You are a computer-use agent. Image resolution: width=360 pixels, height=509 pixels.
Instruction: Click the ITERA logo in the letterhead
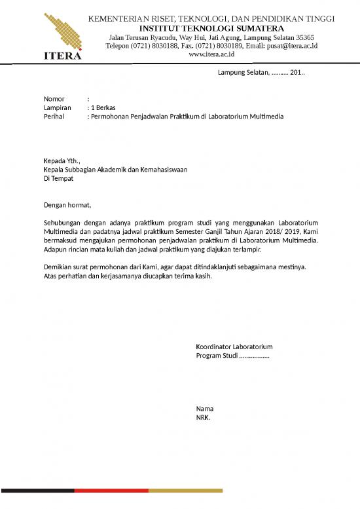pos(63,36)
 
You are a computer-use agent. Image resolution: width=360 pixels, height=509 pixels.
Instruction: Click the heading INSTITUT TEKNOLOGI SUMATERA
pos(211,28)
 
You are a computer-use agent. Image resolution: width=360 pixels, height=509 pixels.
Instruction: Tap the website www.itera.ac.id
pos(211,55)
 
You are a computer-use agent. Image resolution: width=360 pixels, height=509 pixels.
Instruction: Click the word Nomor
pos(54,98)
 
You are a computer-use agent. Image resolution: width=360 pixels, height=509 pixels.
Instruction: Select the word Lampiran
pos(57,107)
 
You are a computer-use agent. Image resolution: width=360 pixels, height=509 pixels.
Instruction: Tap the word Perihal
pos(55,116)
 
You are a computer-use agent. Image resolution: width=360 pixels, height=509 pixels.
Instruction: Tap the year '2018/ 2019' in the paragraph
pos(285,231)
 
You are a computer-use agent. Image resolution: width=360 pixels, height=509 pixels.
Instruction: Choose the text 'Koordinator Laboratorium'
pos(234,347)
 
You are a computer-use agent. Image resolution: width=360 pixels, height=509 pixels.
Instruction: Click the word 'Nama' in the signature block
pos(204,409)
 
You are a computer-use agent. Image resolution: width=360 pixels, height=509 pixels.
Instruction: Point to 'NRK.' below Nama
pos(203,417)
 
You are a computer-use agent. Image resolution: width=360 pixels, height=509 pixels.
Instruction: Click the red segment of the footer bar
pos(111,490)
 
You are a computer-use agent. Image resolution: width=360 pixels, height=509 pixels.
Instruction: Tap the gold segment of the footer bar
pos(185,490)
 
